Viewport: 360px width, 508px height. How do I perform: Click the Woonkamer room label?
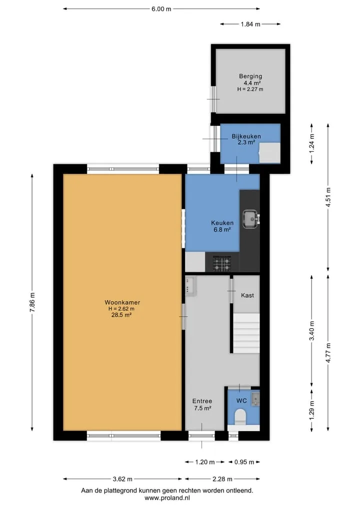pos(122,302)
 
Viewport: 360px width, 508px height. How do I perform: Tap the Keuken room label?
pos(222,223)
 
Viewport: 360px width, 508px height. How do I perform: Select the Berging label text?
pos(250,76)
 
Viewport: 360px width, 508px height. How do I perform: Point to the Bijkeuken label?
pos(246,136)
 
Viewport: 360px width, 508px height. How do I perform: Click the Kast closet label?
pos(247,295)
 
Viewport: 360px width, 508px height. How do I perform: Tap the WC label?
pos(241,401)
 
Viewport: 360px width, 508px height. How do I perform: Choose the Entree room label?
pos(202,401)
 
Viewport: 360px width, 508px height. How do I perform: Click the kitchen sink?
pos(250,219)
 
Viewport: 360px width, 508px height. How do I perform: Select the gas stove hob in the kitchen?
pos(222,263)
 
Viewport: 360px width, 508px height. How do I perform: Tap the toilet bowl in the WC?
pos(240,417)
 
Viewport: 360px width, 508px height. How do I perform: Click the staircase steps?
pos(246,333)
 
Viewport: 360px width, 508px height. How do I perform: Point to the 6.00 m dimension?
pos(161,9)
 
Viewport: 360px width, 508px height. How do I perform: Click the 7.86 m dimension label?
pos(32,302)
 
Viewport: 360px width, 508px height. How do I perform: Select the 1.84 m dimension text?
pos(250,24)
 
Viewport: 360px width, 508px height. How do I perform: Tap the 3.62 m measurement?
pos(122,479)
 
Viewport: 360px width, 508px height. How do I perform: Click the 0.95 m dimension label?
pos(244,462)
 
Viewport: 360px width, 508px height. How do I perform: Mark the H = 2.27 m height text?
pos(250,89)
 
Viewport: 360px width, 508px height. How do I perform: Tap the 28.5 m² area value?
pos(121,315)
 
